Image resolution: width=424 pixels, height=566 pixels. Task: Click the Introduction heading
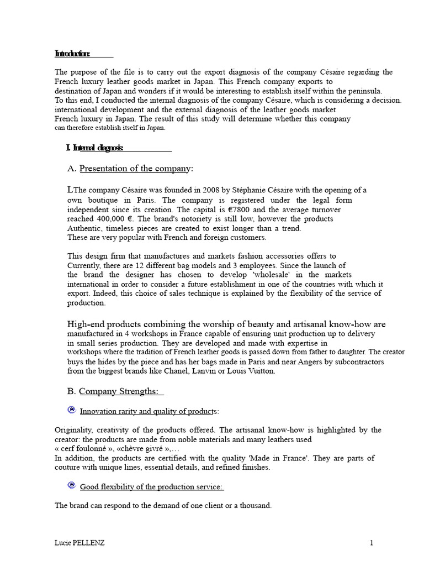[72, 54]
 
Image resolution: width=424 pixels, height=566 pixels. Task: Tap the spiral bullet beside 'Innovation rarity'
[71, 410]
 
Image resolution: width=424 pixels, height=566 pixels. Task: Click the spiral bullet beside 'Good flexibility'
[71, 486]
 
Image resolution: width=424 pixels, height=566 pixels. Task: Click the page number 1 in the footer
[372, 543]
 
